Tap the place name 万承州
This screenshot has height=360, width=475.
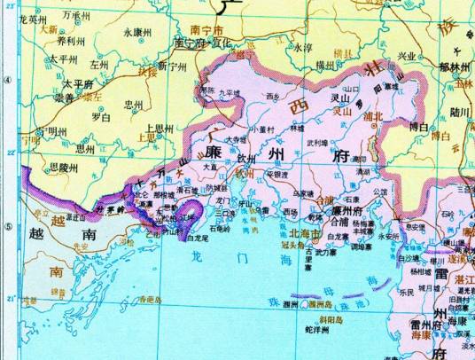pyautogui.click(x=76, y=16)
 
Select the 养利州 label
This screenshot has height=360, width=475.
pyautogui.click(x=70, y=40)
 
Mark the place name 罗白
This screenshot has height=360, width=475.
pyautogui.click(x=100, y=116)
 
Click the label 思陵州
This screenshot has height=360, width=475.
pyautogui.click(x=66, y=166)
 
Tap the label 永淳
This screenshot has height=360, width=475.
pyautogui.click(x=303, y=48)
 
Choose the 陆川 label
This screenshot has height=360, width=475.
pyautogui.click(x=459, y=112)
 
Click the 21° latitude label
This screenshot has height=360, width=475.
pyautogui.click(x=11, y=300)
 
